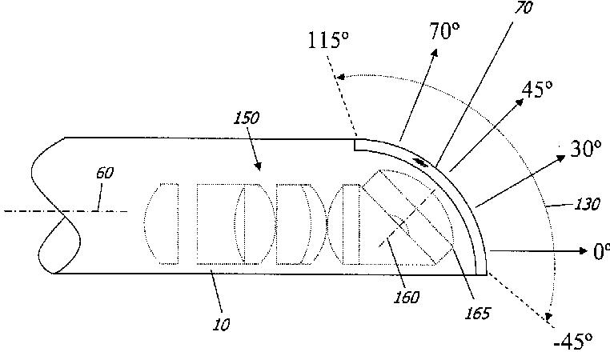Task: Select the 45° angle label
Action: [x=537, y=90]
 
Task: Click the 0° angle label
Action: [x=600, y=251]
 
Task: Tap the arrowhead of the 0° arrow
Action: [x=585, y=250]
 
